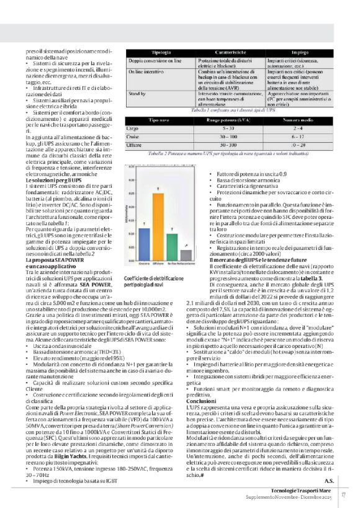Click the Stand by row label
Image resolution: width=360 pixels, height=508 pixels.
coord(138,93)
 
